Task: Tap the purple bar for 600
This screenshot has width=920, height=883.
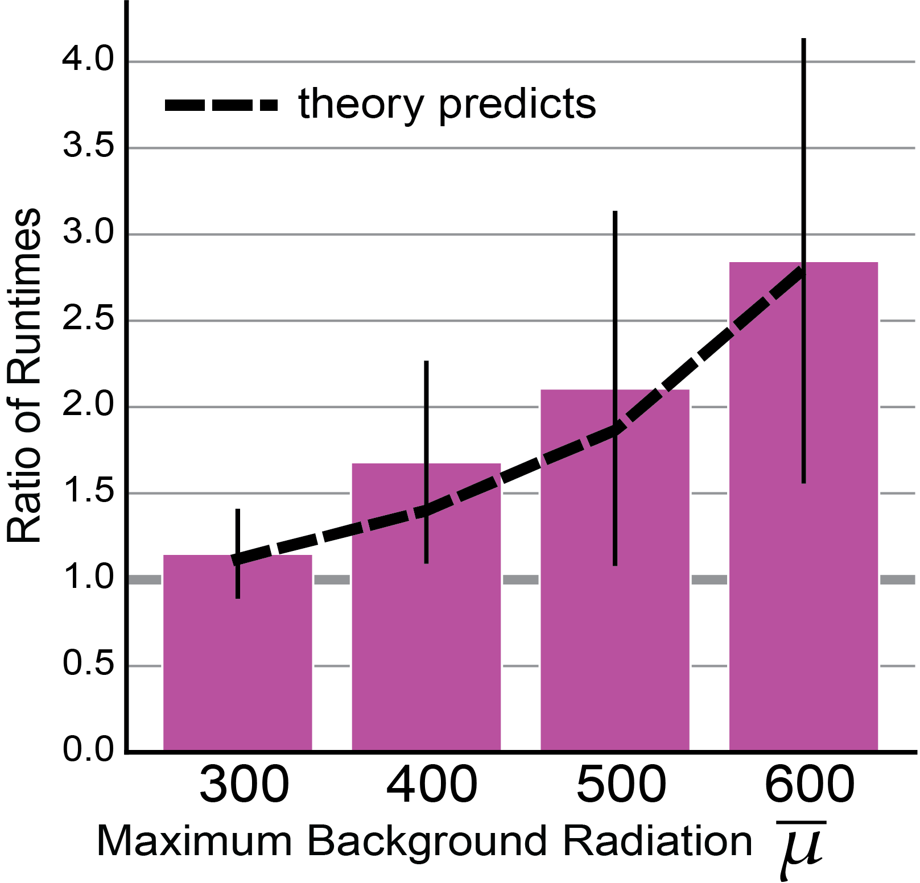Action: (x=803, y=507)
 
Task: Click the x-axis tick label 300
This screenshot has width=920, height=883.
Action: (x=244, y=784)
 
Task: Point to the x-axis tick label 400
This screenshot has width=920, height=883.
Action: (x=432, y=784)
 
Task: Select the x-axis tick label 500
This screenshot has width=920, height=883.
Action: (x=621, y=784)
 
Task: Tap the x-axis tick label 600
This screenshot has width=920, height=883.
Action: (x=810, y=784)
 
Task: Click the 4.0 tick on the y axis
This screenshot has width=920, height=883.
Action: (x=88, y=59)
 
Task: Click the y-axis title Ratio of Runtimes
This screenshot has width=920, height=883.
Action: (x=24, y=375)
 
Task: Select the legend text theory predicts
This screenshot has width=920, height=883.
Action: (x=447, y=105)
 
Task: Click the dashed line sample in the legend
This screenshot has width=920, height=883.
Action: (x=221, y=105)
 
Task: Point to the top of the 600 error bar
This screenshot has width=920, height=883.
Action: (x=803, y=39)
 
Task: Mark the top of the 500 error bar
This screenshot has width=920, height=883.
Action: (x=615, y=212)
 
